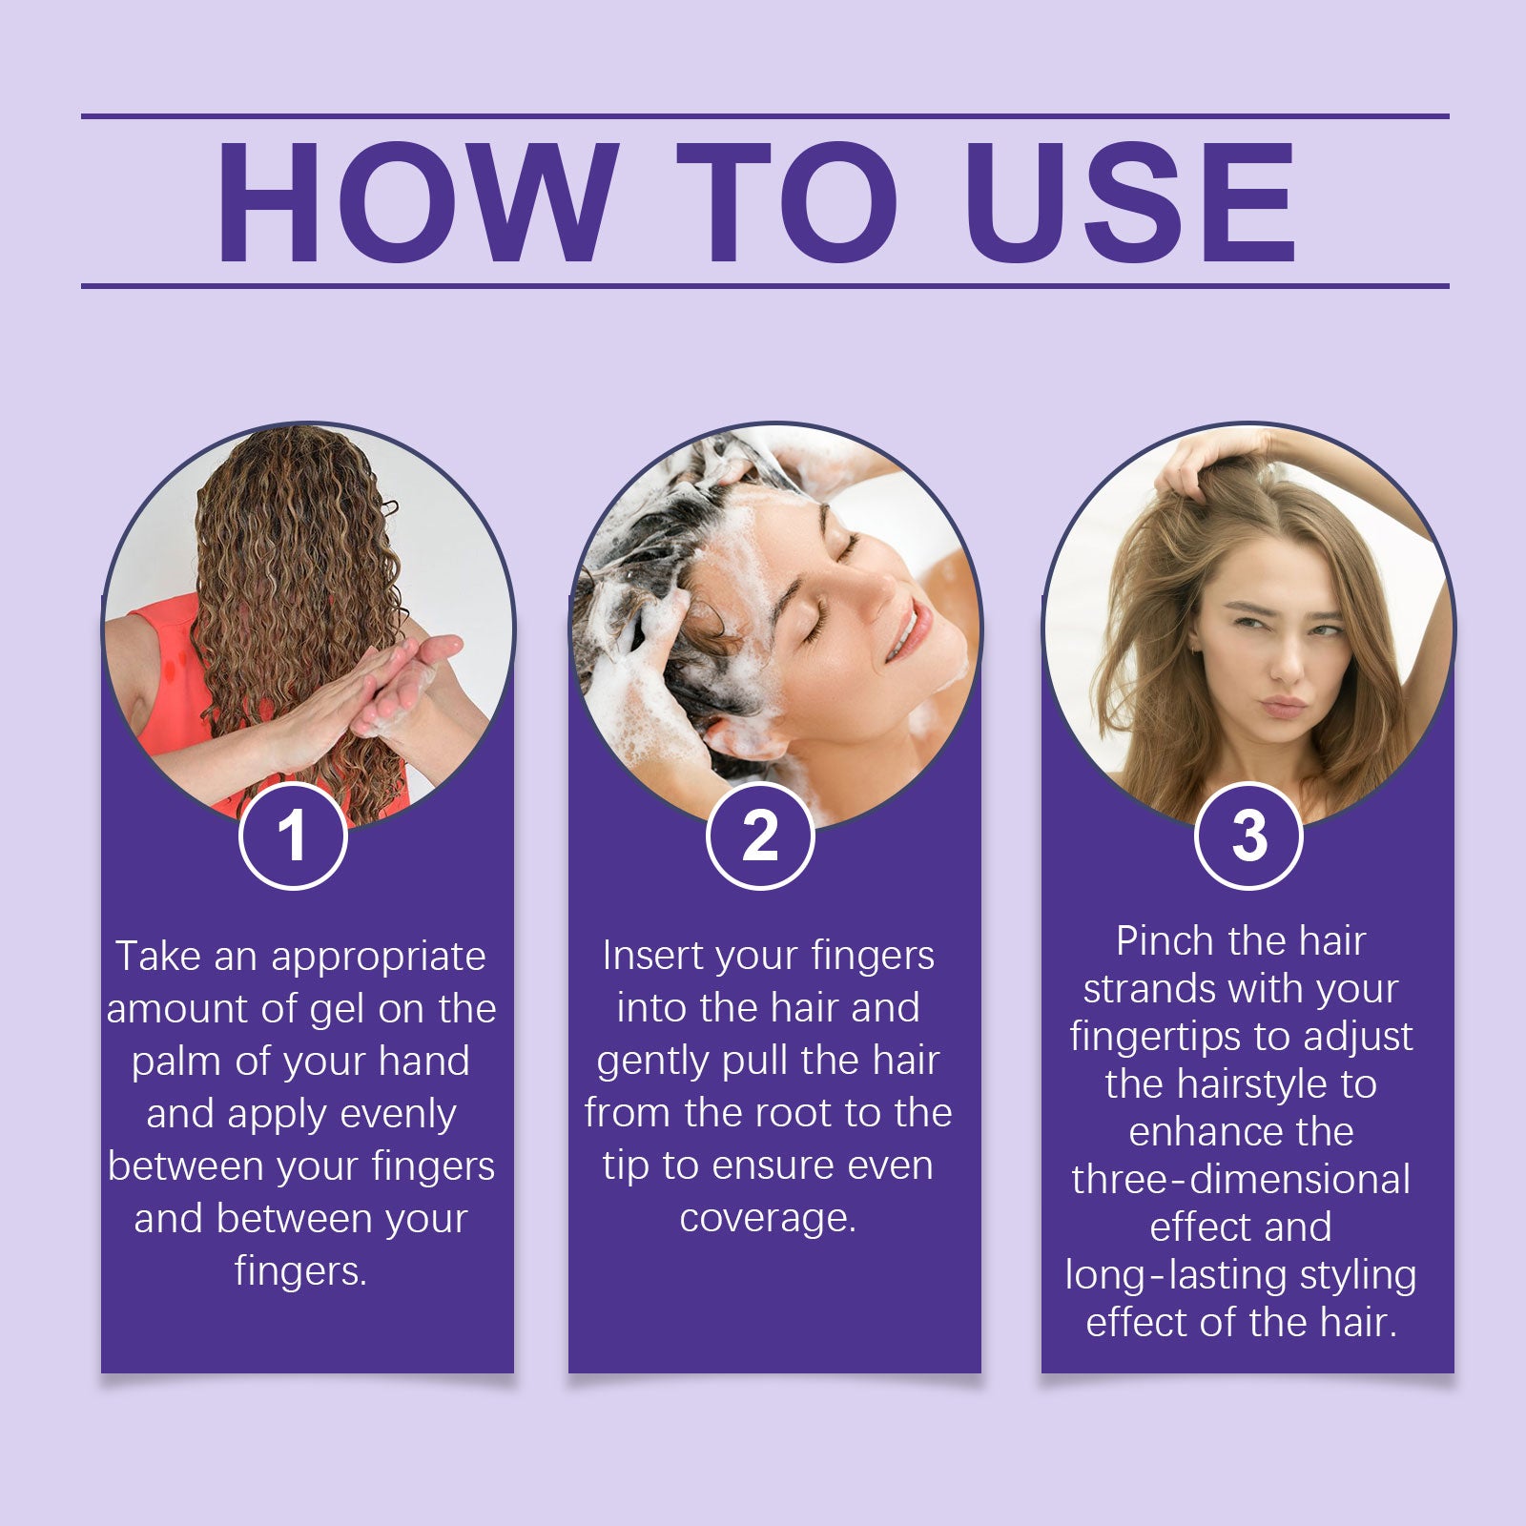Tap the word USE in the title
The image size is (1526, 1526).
click(1130, 202)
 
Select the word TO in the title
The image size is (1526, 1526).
click(787, 202)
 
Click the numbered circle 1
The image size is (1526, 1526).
click(293, 835)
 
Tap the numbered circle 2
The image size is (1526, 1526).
click(760, 835)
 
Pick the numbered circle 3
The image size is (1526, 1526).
click(1248, 835)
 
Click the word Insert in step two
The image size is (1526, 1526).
click(651, 956)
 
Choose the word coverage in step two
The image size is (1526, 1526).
click(768, 1218)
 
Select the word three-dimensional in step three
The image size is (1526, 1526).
click(1240, 1180)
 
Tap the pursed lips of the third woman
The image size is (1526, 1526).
click(1283, 707)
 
